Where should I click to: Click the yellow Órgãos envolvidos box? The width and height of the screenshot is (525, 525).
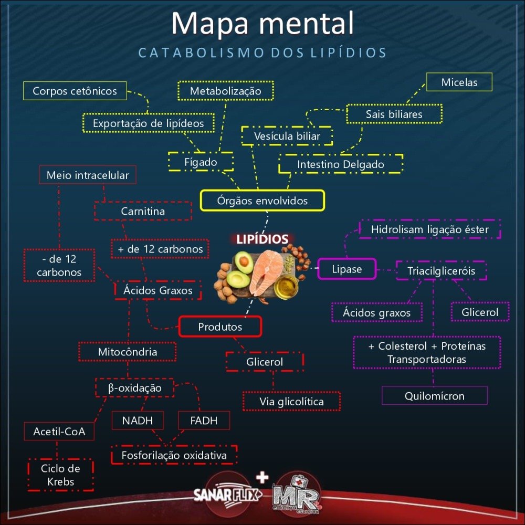pos(262,201)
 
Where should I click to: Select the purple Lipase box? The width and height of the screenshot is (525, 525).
pos(347,269)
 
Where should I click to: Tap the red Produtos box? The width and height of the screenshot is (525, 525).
pos(220,327)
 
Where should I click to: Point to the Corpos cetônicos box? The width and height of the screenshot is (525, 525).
pos(75,91)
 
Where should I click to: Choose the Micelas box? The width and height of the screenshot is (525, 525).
pos(459,82)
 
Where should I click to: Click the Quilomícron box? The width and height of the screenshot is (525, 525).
pos(434,396)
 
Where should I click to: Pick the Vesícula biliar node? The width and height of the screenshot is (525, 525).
pos(287,136)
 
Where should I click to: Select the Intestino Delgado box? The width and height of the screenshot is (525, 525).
pos(341,164)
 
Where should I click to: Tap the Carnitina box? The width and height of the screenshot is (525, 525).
pos(143,211)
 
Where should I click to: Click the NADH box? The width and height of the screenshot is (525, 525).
pos(138,421)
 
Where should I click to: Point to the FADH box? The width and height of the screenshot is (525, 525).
pos(204,421)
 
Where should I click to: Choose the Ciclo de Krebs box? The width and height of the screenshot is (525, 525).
pos(60,475)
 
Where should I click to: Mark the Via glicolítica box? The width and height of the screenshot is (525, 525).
pos(291,402)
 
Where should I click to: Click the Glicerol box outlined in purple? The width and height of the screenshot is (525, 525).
pos(480,312)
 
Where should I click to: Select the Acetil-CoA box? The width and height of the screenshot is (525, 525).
pos(59,432)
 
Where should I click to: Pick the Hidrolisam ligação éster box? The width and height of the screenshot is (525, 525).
pos(429,229)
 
